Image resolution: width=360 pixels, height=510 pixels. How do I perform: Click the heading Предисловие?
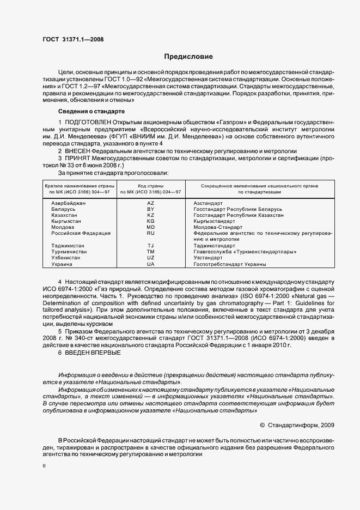click(x=188, y=57)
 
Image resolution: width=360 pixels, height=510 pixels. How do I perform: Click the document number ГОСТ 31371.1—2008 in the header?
click(x=73, y=39)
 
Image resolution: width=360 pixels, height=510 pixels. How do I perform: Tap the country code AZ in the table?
click(x=151, y=203)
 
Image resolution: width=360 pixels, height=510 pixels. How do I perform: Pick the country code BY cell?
click(x=151, y=209)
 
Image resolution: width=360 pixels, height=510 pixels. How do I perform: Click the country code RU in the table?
click(x=151, y=233)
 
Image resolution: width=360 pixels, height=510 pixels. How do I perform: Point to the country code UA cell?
click(x=151, y=264)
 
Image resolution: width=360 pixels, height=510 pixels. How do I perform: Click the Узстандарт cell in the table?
click(x=209, y=258)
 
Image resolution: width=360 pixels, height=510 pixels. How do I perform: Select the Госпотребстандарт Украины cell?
click(x=230, y=264)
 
